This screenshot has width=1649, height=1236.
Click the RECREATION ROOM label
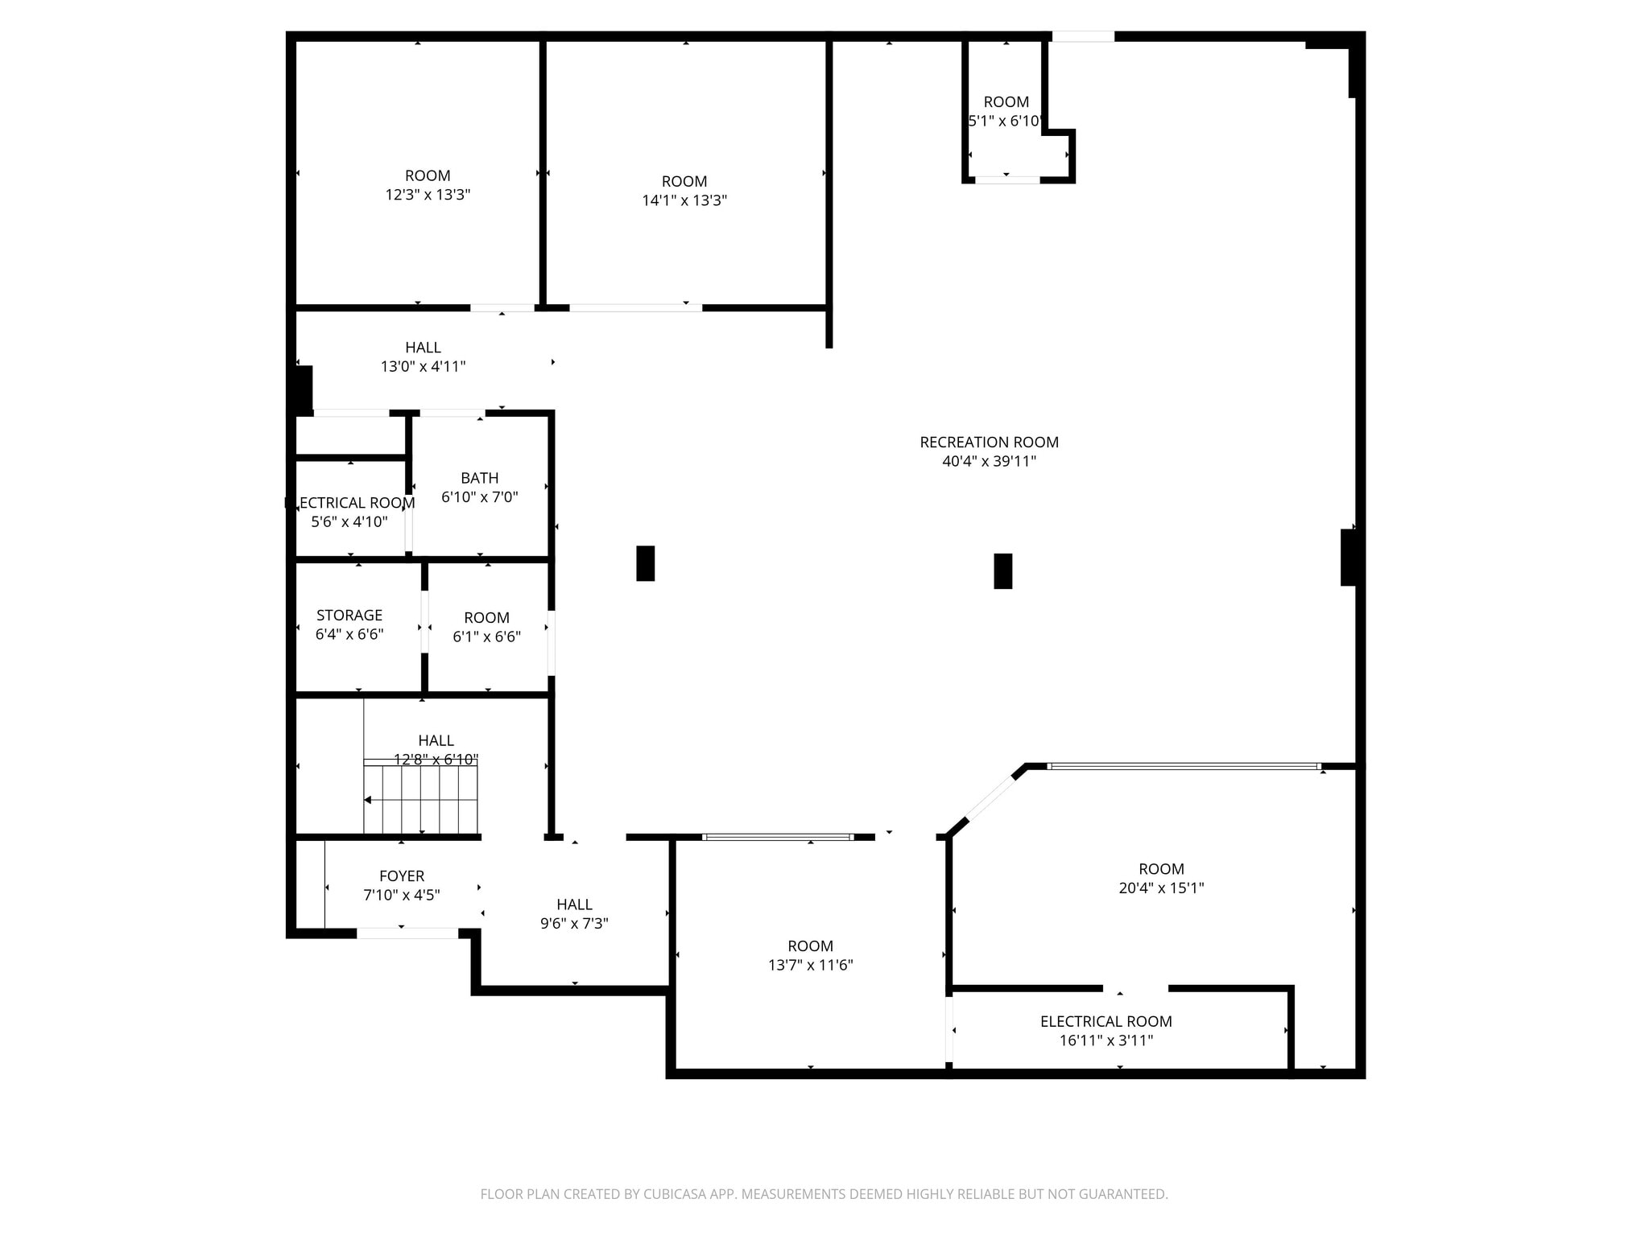tap(989, 442)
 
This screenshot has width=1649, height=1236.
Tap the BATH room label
tap(480, 478)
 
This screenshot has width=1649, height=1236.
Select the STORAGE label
tap(349, 616)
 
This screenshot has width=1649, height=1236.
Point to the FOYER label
tap(402, 876)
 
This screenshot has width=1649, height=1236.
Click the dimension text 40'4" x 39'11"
tap(989, 462)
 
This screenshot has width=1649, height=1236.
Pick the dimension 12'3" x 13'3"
tap(428, 195)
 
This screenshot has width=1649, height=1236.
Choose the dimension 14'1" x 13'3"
tap(684, 200)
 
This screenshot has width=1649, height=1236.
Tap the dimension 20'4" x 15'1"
tap(1161, 888)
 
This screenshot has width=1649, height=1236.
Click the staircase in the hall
tap(420, 798)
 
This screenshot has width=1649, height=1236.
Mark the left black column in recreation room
tap(645, 563)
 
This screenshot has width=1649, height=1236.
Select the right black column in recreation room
tap(1002, 571)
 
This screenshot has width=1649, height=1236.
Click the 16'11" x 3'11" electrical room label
tap(1106, 1031)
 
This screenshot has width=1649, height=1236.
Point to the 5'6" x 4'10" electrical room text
tap(349, 513)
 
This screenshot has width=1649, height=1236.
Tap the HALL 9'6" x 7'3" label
tap(574, 914)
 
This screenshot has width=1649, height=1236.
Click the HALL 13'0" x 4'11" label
tap(423, 357)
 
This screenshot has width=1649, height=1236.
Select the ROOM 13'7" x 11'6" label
tap(810, 955)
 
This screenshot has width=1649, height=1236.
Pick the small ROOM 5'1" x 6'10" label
tap(1006, 111)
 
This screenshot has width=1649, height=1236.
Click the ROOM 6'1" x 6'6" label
tap(486, 628)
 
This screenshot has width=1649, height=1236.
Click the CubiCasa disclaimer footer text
tap(824, 1194)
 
